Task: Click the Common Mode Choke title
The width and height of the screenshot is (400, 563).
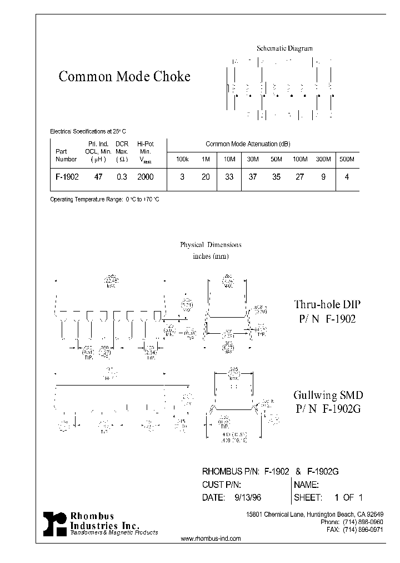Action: coord(124,77)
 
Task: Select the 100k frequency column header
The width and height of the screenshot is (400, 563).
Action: coord(183,160)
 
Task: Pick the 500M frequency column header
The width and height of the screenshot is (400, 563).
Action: coord(346,160)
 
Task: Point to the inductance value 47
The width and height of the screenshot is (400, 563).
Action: coord(98,176)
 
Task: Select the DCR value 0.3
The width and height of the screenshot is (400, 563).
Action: coord(122,176)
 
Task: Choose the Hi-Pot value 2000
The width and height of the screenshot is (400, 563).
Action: coord(145,176)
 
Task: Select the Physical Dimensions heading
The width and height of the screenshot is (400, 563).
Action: coord(211,245)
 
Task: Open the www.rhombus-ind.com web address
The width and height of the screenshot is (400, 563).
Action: coord(211,539)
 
